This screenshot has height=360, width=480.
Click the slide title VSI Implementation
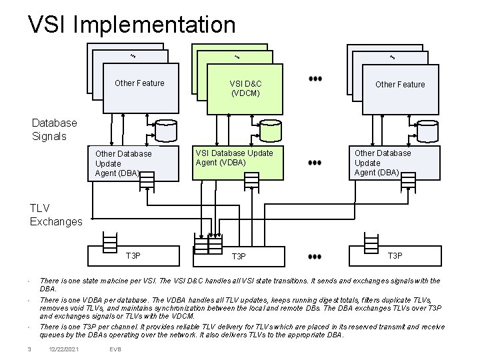[131, 25]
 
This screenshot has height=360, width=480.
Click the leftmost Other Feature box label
[139, 83]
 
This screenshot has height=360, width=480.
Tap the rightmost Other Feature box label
[399, 84]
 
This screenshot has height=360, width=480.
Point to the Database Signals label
[55, 129]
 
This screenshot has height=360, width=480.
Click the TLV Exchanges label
[56, 214]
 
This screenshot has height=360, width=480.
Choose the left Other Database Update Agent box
[123, 163]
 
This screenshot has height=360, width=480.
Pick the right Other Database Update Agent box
[383, 163]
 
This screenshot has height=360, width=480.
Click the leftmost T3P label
[133, 255]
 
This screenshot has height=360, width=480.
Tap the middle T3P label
[239, 256]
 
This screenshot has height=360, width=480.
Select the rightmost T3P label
[395, 255]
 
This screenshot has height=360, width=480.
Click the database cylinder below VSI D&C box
[270, 131]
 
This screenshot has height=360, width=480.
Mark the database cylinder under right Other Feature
[427, 131]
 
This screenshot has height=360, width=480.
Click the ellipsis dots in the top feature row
[315, 79]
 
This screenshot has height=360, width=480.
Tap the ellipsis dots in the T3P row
[315, 256]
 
